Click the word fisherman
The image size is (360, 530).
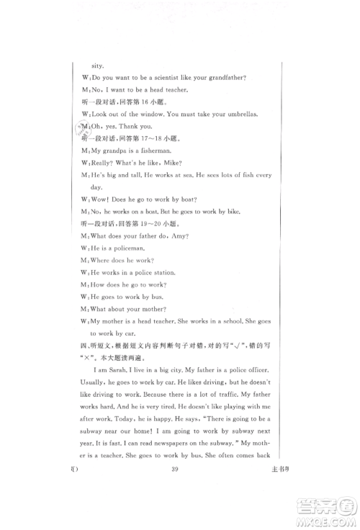[x=152, y=151]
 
